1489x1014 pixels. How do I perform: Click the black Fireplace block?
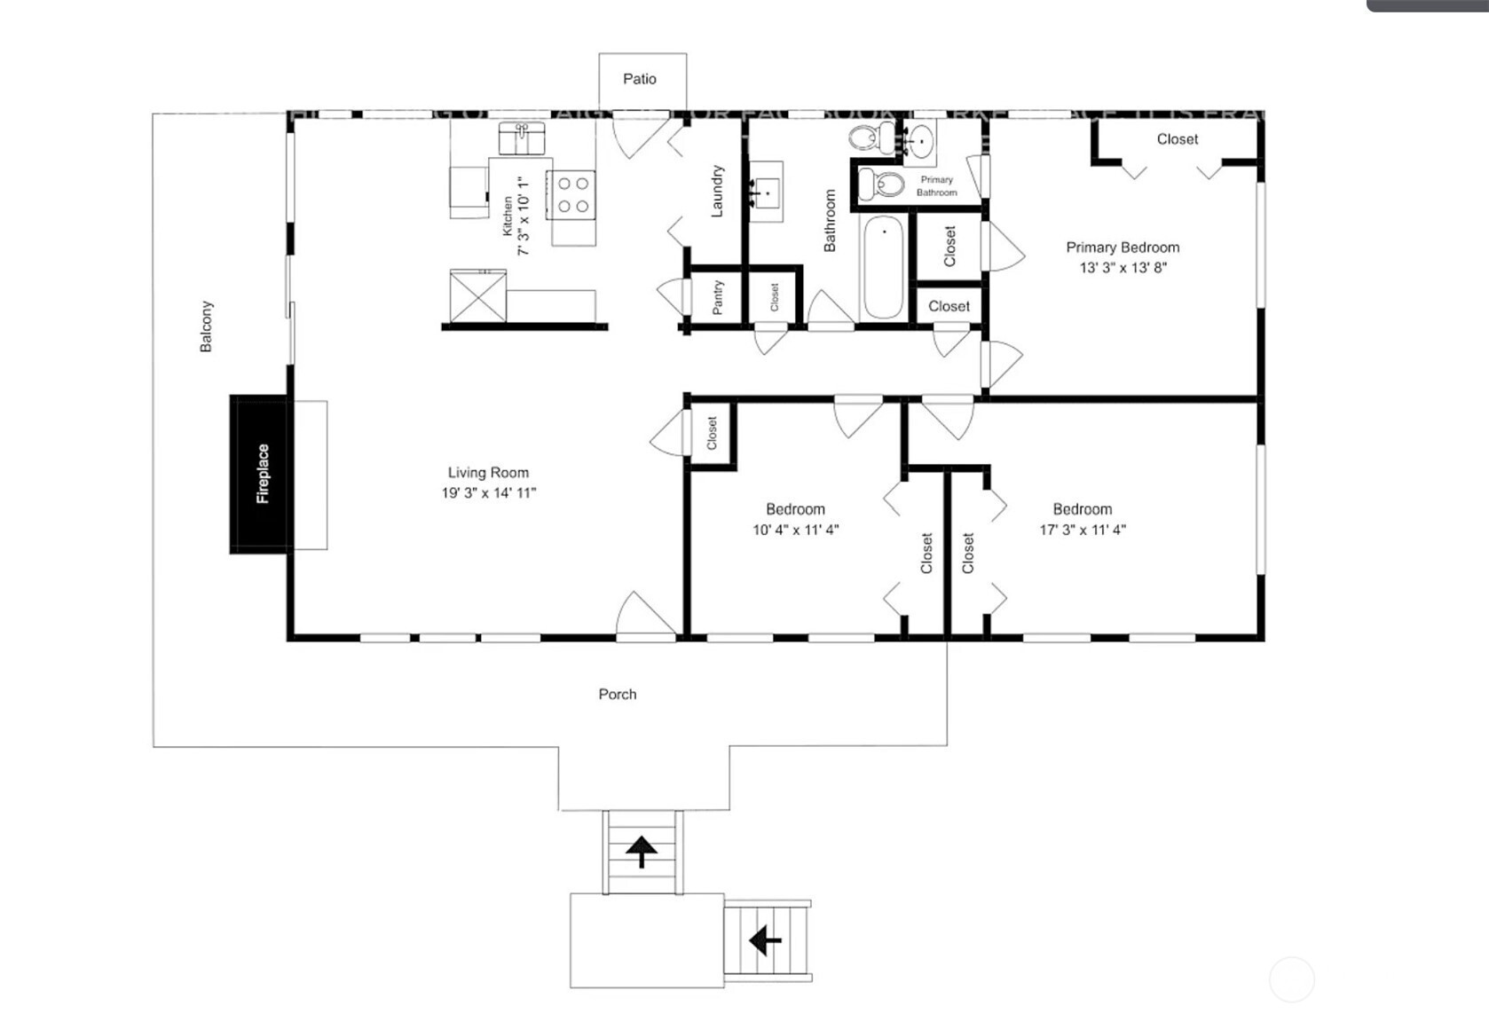tap(259, 474)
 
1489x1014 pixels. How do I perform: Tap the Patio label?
tap(639, 79)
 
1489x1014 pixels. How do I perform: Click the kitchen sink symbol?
tap(521, 138)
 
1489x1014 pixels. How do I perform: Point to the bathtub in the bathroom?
tap(883, 265)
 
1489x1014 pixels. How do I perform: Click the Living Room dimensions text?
tap(488, 493)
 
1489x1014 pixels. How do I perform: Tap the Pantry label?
tap(718, 297)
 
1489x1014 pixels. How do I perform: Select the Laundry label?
tap(718, 191)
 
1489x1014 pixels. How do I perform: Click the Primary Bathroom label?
tap(936, 185)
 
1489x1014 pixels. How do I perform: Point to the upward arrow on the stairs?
tap(642, 852)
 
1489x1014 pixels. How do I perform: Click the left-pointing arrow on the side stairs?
tap(765, 939)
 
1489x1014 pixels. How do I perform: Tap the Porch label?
tap(617, 694)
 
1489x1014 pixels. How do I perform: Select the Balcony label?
tap(206, 326)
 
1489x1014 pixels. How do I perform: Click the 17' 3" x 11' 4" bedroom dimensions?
tap(1083, 530)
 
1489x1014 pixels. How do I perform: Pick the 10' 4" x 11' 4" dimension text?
tap(795, 530)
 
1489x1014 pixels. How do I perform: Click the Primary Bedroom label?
tap(1123, 248)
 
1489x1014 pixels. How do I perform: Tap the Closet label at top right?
tap(1177, 139)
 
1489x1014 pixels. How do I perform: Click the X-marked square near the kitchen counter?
tap(477, 296)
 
